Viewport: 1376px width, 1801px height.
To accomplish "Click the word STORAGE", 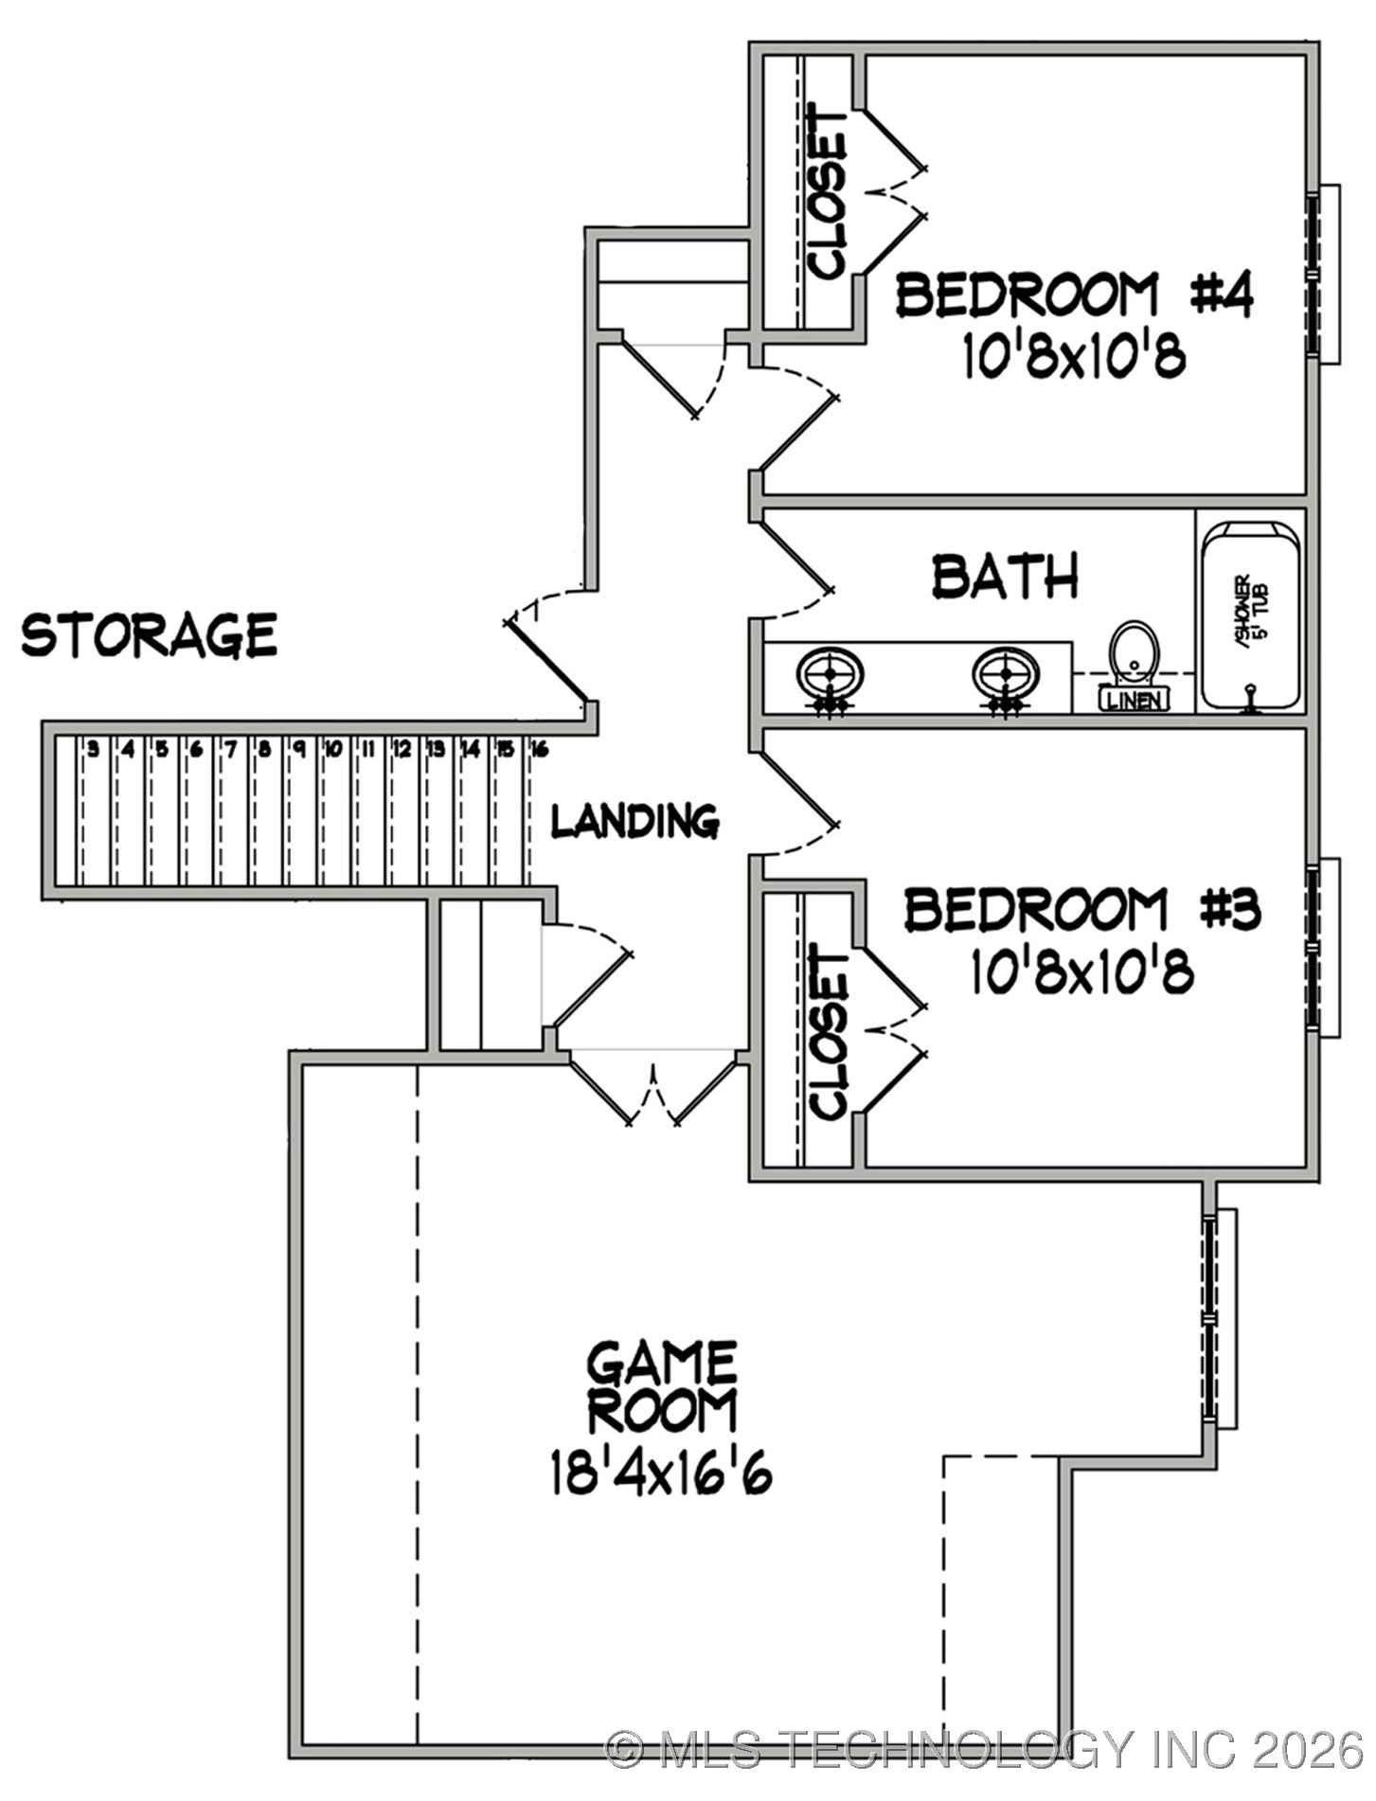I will [x=150, y=634].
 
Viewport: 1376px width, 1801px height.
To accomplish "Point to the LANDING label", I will [x=634, y=821].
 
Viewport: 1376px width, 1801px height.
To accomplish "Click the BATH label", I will [x=1005, y=576].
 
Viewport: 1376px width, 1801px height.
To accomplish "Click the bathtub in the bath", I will [x=1250, y=615].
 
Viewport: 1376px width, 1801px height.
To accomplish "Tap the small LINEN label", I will [x=1134, y=701].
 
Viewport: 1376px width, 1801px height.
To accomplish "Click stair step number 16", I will [x=539, y=750].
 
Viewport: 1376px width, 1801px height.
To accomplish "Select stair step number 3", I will [x=93, y=750].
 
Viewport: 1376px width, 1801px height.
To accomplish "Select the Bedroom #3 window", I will [x=1319, y=947].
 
